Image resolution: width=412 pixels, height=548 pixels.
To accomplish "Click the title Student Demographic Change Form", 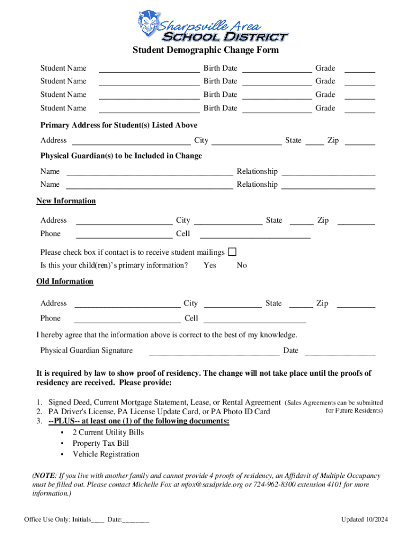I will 206,50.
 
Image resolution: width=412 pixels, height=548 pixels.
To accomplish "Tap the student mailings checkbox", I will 232,252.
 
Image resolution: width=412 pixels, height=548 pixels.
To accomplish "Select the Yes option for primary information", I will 210,265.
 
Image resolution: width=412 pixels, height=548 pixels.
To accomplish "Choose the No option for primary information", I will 242,265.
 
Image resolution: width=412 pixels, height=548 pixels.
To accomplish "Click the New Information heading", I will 66,201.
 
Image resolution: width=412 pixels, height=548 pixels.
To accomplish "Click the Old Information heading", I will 65,281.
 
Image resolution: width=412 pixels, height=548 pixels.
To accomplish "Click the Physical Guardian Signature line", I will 214,351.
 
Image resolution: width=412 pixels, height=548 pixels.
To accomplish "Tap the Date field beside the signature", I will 340,351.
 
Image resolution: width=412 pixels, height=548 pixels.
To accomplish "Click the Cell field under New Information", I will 255,233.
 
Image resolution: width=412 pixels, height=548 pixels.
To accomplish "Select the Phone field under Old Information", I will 127,319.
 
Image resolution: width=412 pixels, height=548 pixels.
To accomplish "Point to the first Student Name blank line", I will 149,68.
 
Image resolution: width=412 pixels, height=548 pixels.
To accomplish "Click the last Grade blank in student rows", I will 360,109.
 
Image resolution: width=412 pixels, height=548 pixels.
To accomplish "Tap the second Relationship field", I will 328,185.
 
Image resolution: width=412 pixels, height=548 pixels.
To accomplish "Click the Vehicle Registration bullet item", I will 106,454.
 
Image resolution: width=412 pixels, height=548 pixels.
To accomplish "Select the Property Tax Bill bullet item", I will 101,444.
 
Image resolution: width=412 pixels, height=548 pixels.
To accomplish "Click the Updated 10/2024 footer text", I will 364,520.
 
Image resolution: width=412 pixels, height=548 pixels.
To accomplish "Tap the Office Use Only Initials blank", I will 97,520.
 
